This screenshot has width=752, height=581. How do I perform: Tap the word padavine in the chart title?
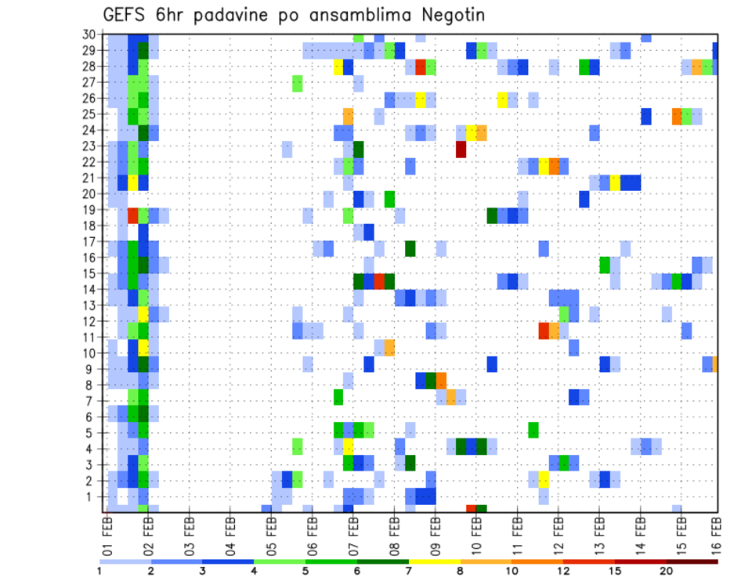[x=238, y=16]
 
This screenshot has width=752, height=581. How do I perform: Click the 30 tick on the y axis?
[x=88, y=34]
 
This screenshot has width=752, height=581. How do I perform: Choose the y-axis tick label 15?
[x=88, y=274]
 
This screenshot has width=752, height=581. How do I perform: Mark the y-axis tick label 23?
[x=88, y=146]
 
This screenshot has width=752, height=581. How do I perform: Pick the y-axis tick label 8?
[x=91, y=385]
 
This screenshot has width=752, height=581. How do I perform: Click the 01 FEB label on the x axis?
[x=108, y=535]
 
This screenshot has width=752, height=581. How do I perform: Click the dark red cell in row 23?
[x=461, y=149]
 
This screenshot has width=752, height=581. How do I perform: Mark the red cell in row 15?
[x=380, y=280]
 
